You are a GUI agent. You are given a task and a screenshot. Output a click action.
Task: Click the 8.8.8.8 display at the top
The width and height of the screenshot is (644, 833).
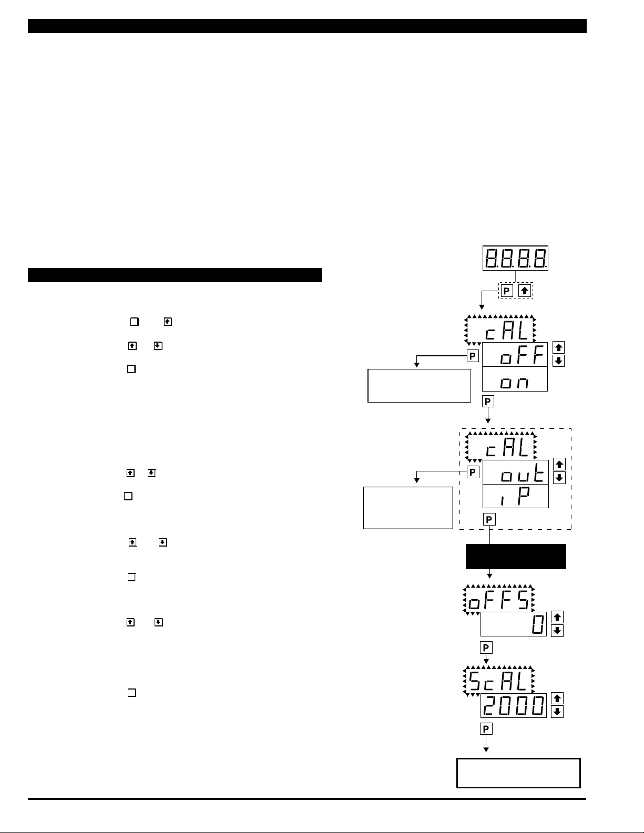[x=515, y=258]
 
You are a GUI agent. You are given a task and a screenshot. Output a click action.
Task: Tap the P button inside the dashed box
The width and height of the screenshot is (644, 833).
[x=506, y=290]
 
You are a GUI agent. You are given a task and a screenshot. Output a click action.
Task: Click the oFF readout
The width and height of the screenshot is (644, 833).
[x=515, y=355]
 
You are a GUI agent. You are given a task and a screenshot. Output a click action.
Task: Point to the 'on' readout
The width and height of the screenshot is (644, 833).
[x=515, y=379]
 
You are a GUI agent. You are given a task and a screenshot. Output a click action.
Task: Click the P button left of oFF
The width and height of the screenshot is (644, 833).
[x=473, y=356]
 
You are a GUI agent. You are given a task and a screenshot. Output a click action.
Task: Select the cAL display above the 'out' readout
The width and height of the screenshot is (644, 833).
[x=501, y=447]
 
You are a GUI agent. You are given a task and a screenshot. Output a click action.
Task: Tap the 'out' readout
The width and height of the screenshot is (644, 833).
[x=515, y=472]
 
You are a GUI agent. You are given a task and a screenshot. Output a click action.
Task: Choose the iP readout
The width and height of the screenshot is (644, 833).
[x=515, y=496]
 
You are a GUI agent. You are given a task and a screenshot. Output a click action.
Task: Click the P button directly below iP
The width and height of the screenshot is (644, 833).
[x=489, y=519]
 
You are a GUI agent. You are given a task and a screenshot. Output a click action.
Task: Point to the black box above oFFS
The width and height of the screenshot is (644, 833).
[x=516, y=557]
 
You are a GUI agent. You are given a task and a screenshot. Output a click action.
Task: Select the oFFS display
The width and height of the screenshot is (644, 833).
[x=498, y=600]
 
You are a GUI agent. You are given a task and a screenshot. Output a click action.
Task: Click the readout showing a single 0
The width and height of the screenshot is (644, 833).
[x=514, y=624]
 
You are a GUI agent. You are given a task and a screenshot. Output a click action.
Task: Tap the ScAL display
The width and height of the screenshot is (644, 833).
[x=498, y=682]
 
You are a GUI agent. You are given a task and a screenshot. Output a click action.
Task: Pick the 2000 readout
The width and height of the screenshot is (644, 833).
[x=514, y=706]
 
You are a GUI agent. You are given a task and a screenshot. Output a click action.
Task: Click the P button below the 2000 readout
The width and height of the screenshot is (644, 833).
[x=486, y=728]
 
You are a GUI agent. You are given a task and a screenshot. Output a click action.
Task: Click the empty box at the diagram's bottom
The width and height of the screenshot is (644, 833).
[x=518, y=773]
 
